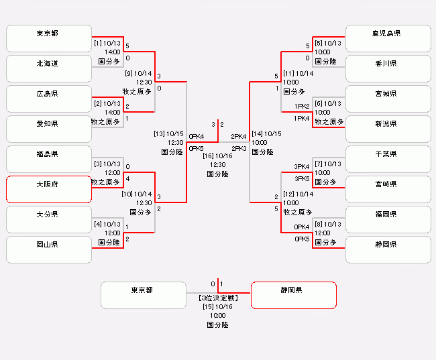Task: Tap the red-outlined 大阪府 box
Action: pyautogui.click(x=48, y=189)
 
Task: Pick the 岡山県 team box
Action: pyautogui.click(x=48, y=249)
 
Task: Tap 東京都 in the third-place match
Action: pyautogui.click(x=143, y=295)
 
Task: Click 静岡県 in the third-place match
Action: pyautogui.click(x=293, y=295)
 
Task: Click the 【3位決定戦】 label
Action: pyautogui.click(x=218, y=296)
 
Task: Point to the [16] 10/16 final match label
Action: pyautogui.click(x=218, y=156)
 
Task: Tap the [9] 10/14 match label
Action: pyautogui.click(x=139, y=73)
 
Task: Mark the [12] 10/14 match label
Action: pyautogui.click(x=298, y=194)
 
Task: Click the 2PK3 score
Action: pyautogui.click(x=239, y=148)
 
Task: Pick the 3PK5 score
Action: pyautogui.click(x=302, y=178)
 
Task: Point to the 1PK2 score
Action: pyautogui.click(x=302, y=106)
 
